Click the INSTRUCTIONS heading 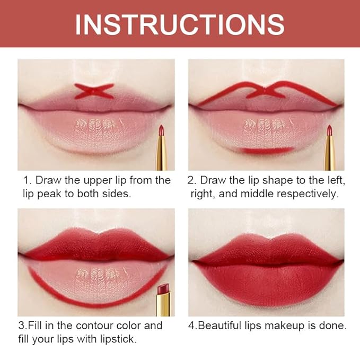point(180,24)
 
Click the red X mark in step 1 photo point(93,91)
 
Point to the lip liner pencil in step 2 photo point(330,146)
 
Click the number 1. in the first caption point(27,180)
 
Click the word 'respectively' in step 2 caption point(308,194)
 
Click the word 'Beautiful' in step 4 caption point(219,326)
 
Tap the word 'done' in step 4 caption point(333,326)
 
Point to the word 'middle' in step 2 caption point(259,194)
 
